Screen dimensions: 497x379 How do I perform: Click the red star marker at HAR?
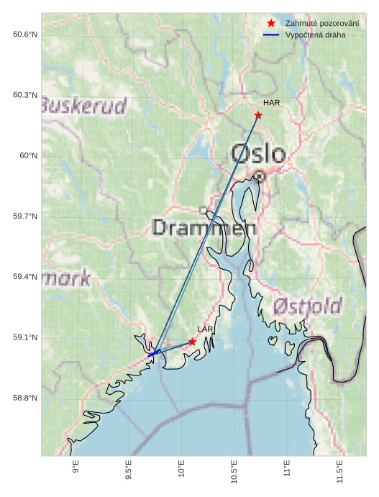[258, 115]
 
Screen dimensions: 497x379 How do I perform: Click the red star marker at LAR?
[193, 342]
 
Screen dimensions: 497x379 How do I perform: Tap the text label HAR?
[271, 103]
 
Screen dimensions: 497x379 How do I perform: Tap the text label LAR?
[206, 329]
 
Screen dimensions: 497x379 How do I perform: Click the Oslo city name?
[258, 153]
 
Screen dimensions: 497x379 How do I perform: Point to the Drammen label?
[204, 229]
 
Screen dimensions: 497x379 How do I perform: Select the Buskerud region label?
[84, 106]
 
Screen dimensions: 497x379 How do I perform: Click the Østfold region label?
[307, 306]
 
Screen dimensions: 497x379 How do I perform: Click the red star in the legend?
[271, 23]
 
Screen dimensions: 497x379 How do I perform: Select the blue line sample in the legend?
[271, 35]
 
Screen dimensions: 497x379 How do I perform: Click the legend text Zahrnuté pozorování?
[322, 23]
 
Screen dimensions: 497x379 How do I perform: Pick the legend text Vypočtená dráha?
[315, 35]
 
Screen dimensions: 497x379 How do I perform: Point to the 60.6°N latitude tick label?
[25, 35]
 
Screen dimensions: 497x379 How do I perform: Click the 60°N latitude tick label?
[28, 155]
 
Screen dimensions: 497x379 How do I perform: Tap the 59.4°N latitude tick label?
[25, 277]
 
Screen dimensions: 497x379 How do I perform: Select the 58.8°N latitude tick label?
[25, 398]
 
